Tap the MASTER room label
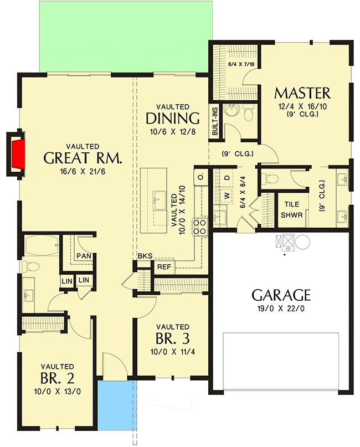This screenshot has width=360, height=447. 302,93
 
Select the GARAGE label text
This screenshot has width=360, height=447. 281,295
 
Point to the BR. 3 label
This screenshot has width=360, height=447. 172,338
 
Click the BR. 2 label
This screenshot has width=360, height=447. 57,378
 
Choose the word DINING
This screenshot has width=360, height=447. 172,119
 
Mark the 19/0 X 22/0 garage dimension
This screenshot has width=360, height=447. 281,309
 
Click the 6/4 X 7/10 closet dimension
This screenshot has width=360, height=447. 241,64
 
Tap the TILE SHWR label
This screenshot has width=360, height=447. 291,209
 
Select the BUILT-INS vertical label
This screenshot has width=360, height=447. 215,121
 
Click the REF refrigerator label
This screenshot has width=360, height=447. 164,267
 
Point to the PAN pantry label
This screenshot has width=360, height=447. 84,256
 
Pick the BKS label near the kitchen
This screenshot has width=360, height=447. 145,256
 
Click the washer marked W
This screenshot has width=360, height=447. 227,196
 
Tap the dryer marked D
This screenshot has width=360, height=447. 227,178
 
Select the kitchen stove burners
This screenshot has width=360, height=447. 199,227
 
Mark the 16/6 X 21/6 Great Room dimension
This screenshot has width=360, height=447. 83,172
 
